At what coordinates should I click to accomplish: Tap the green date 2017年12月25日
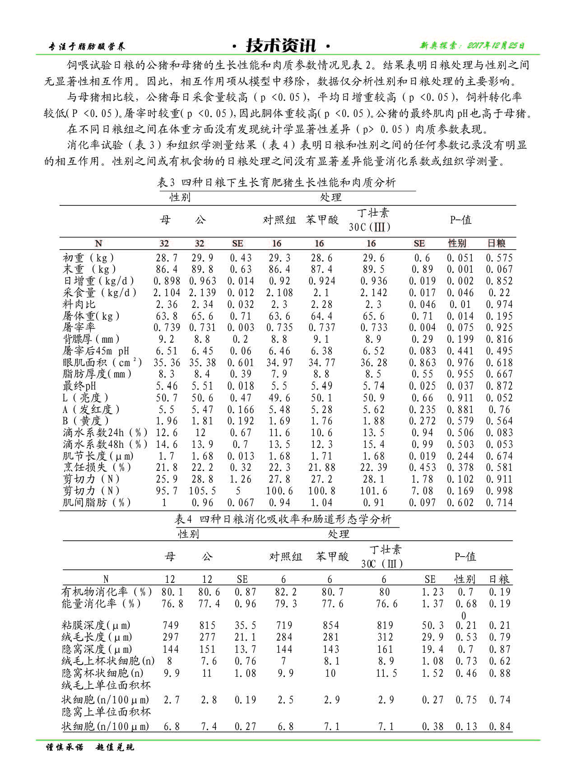472,46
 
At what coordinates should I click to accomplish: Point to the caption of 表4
283,519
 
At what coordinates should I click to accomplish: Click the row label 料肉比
79,305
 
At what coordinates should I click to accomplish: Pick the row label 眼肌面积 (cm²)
102,363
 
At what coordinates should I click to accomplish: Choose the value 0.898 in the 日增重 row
167,281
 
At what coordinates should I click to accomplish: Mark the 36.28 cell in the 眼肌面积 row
373,363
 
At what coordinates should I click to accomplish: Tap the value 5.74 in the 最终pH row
373,386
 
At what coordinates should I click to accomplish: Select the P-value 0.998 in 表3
499,491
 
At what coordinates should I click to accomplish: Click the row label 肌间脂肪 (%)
97,503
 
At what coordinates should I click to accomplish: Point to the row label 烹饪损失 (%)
97,468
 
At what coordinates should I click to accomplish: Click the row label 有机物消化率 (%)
107,592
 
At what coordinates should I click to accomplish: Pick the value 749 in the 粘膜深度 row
171,626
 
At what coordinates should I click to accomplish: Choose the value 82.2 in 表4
286,592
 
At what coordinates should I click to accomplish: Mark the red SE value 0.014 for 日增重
241,281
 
